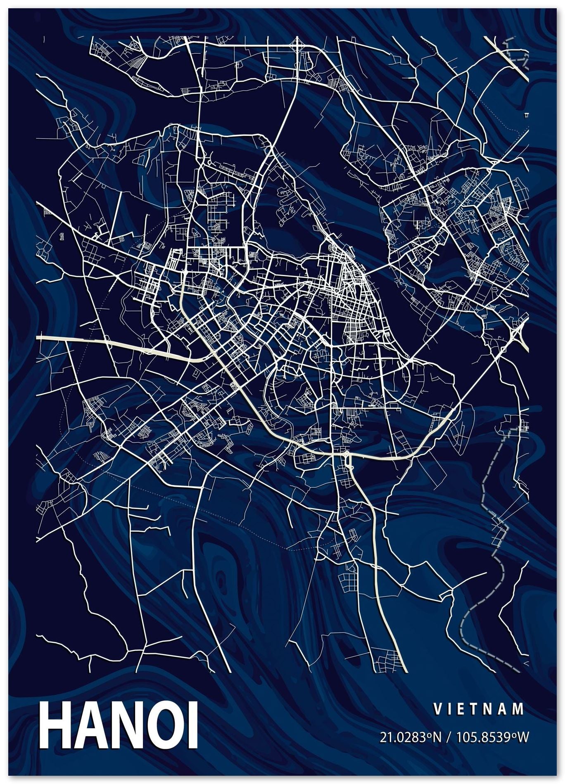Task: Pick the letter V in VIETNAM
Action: tap(437, 709)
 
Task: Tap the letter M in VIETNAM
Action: tap(520, 709)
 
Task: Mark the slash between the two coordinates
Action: tap(447, 737)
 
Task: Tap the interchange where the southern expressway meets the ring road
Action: tap(347, 457)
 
